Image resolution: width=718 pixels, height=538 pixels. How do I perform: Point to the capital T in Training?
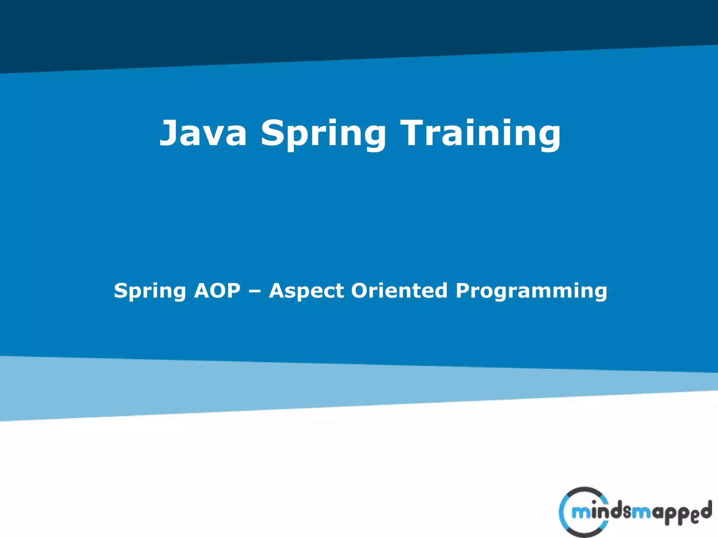pyautogui.click(x=415, y=132)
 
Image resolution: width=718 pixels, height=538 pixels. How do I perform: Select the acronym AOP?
pyautogui.click(x=217, y=291)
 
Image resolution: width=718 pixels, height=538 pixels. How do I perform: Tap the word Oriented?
pyautogui.click(x=399, y=291)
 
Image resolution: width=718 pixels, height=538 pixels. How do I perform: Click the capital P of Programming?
pyautogui.click(x=463, y=291)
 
